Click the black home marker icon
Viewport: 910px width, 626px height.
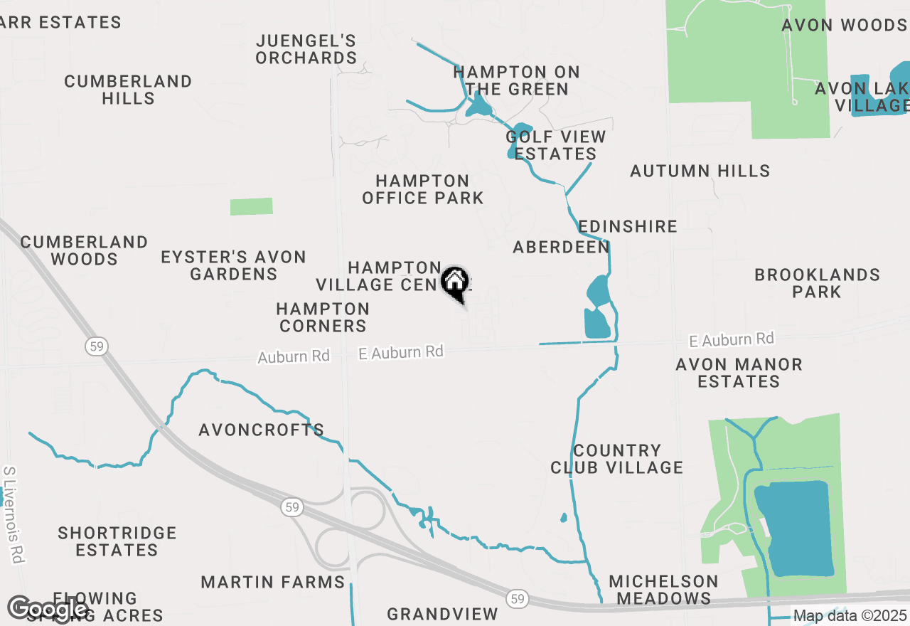pos(455,282)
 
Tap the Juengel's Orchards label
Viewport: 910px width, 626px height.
pos(306,49)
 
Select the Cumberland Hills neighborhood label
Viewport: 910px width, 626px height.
pos(128,90)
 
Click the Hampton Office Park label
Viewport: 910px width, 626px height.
pos(422,189)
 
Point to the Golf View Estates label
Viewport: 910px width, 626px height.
pos(556,145)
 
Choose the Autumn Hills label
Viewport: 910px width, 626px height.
pos(700,171)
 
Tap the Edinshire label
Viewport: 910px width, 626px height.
pos(627,226)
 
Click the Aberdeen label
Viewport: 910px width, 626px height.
pos(561,247)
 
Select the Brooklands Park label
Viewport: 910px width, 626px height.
pos(817,283)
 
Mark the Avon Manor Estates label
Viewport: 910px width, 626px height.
pos(739,373)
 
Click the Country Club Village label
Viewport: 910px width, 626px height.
pos(616,459)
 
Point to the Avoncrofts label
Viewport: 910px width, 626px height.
pos(261,430)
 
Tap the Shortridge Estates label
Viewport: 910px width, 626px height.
pos(117,541)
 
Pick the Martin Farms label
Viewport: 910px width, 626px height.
pos(272,582)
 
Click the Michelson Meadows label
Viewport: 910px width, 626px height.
pos(663,590)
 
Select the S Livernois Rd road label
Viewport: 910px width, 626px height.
pos(13,515)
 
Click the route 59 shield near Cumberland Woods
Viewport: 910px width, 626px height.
pos(96,346)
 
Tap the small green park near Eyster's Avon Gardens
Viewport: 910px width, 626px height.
pos(252,206)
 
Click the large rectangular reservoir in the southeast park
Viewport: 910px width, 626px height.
pos(795,528)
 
